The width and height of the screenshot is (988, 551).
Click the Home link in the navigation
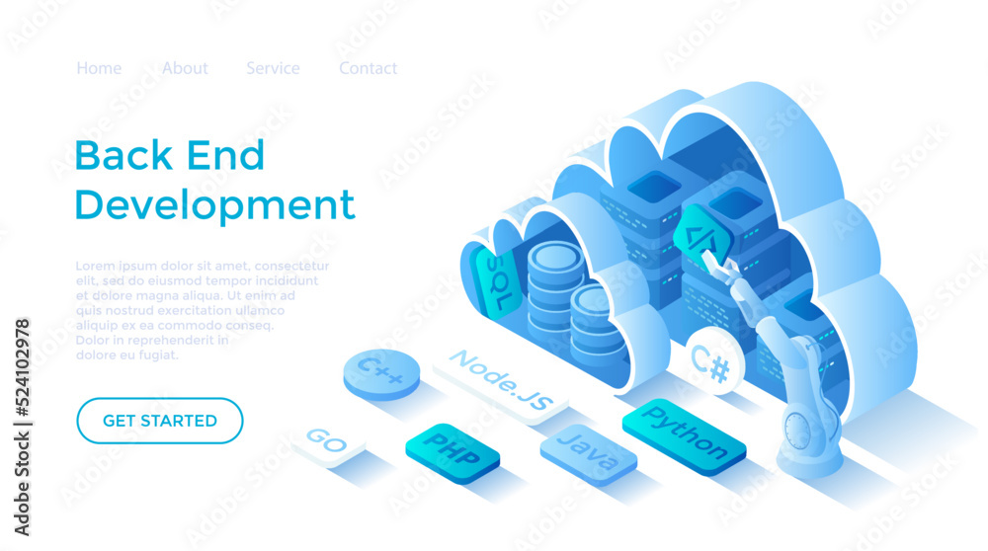coord(99,68)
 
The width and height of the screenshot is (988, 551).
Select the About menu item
coord(185,68)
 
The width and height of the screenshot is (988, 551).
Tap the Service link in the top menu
coord(273,68)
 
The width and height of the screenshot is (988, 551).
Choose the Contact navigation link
coord(368,68)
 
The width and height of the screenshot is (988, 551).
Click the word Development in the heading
coord(214,204)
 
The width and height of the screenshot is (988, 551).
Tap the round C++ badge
coord(381,373)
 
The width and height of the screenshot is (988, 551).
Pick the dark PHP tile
coord(453,451)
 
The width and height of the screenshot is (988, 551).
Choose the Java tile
coord(589,453)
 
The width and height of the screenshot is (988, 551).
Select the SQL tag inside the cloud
coord(496,279)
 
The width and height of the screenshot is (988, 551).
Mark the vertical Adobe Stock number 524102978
coord(22,394)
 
